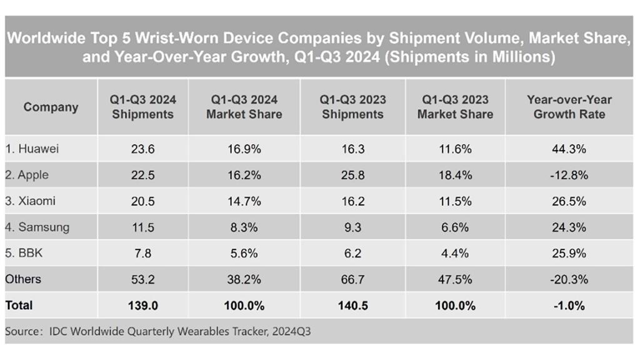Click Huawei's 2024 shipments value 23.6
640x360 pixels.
(142, 149)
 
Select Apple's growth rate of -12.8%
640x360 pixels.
(569, 176)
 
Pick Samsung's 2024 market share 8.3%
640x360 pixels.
(244, 227)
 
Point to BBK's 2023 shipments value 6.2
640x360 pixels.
(352, 254)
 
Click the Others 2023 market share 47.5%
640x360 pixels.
(455, 279)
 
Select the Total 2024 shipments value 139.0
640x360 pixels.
(142, 306)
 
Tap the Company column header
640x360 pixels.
(51, 107)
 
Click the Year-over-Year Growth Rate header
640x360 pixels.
(569, 107)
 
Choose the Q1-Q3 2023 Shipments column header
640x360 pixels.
(352, 107)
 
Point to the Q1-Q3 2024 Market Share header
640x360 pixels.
(244, 107)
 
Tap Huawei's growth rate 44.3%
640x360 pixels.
(569, 149)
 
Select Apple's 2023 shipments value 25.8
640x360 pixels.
(352, 176)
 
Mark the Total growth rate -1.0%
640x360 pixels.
(569, 306)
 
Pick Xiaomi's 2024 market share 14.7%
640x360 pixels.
(244, 201)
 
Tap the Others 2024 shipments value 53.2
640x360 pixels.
(142, 279)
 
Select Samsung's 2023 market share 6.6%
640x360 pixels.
(455, 227)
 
